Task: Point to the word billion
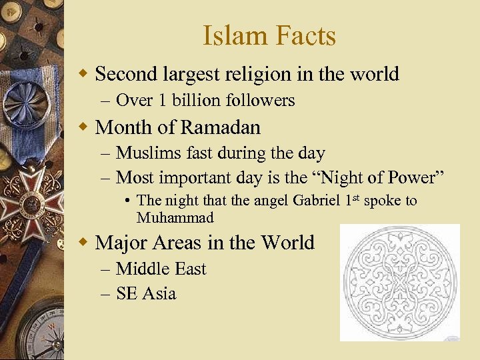click(196, 101)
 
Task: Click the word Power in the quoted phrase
click(415, 177)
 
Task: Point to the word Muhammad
click(175, 218)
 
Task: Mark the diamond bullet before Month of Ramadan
click(83, 126)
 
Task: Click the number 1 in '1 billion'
click(163, 101)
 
